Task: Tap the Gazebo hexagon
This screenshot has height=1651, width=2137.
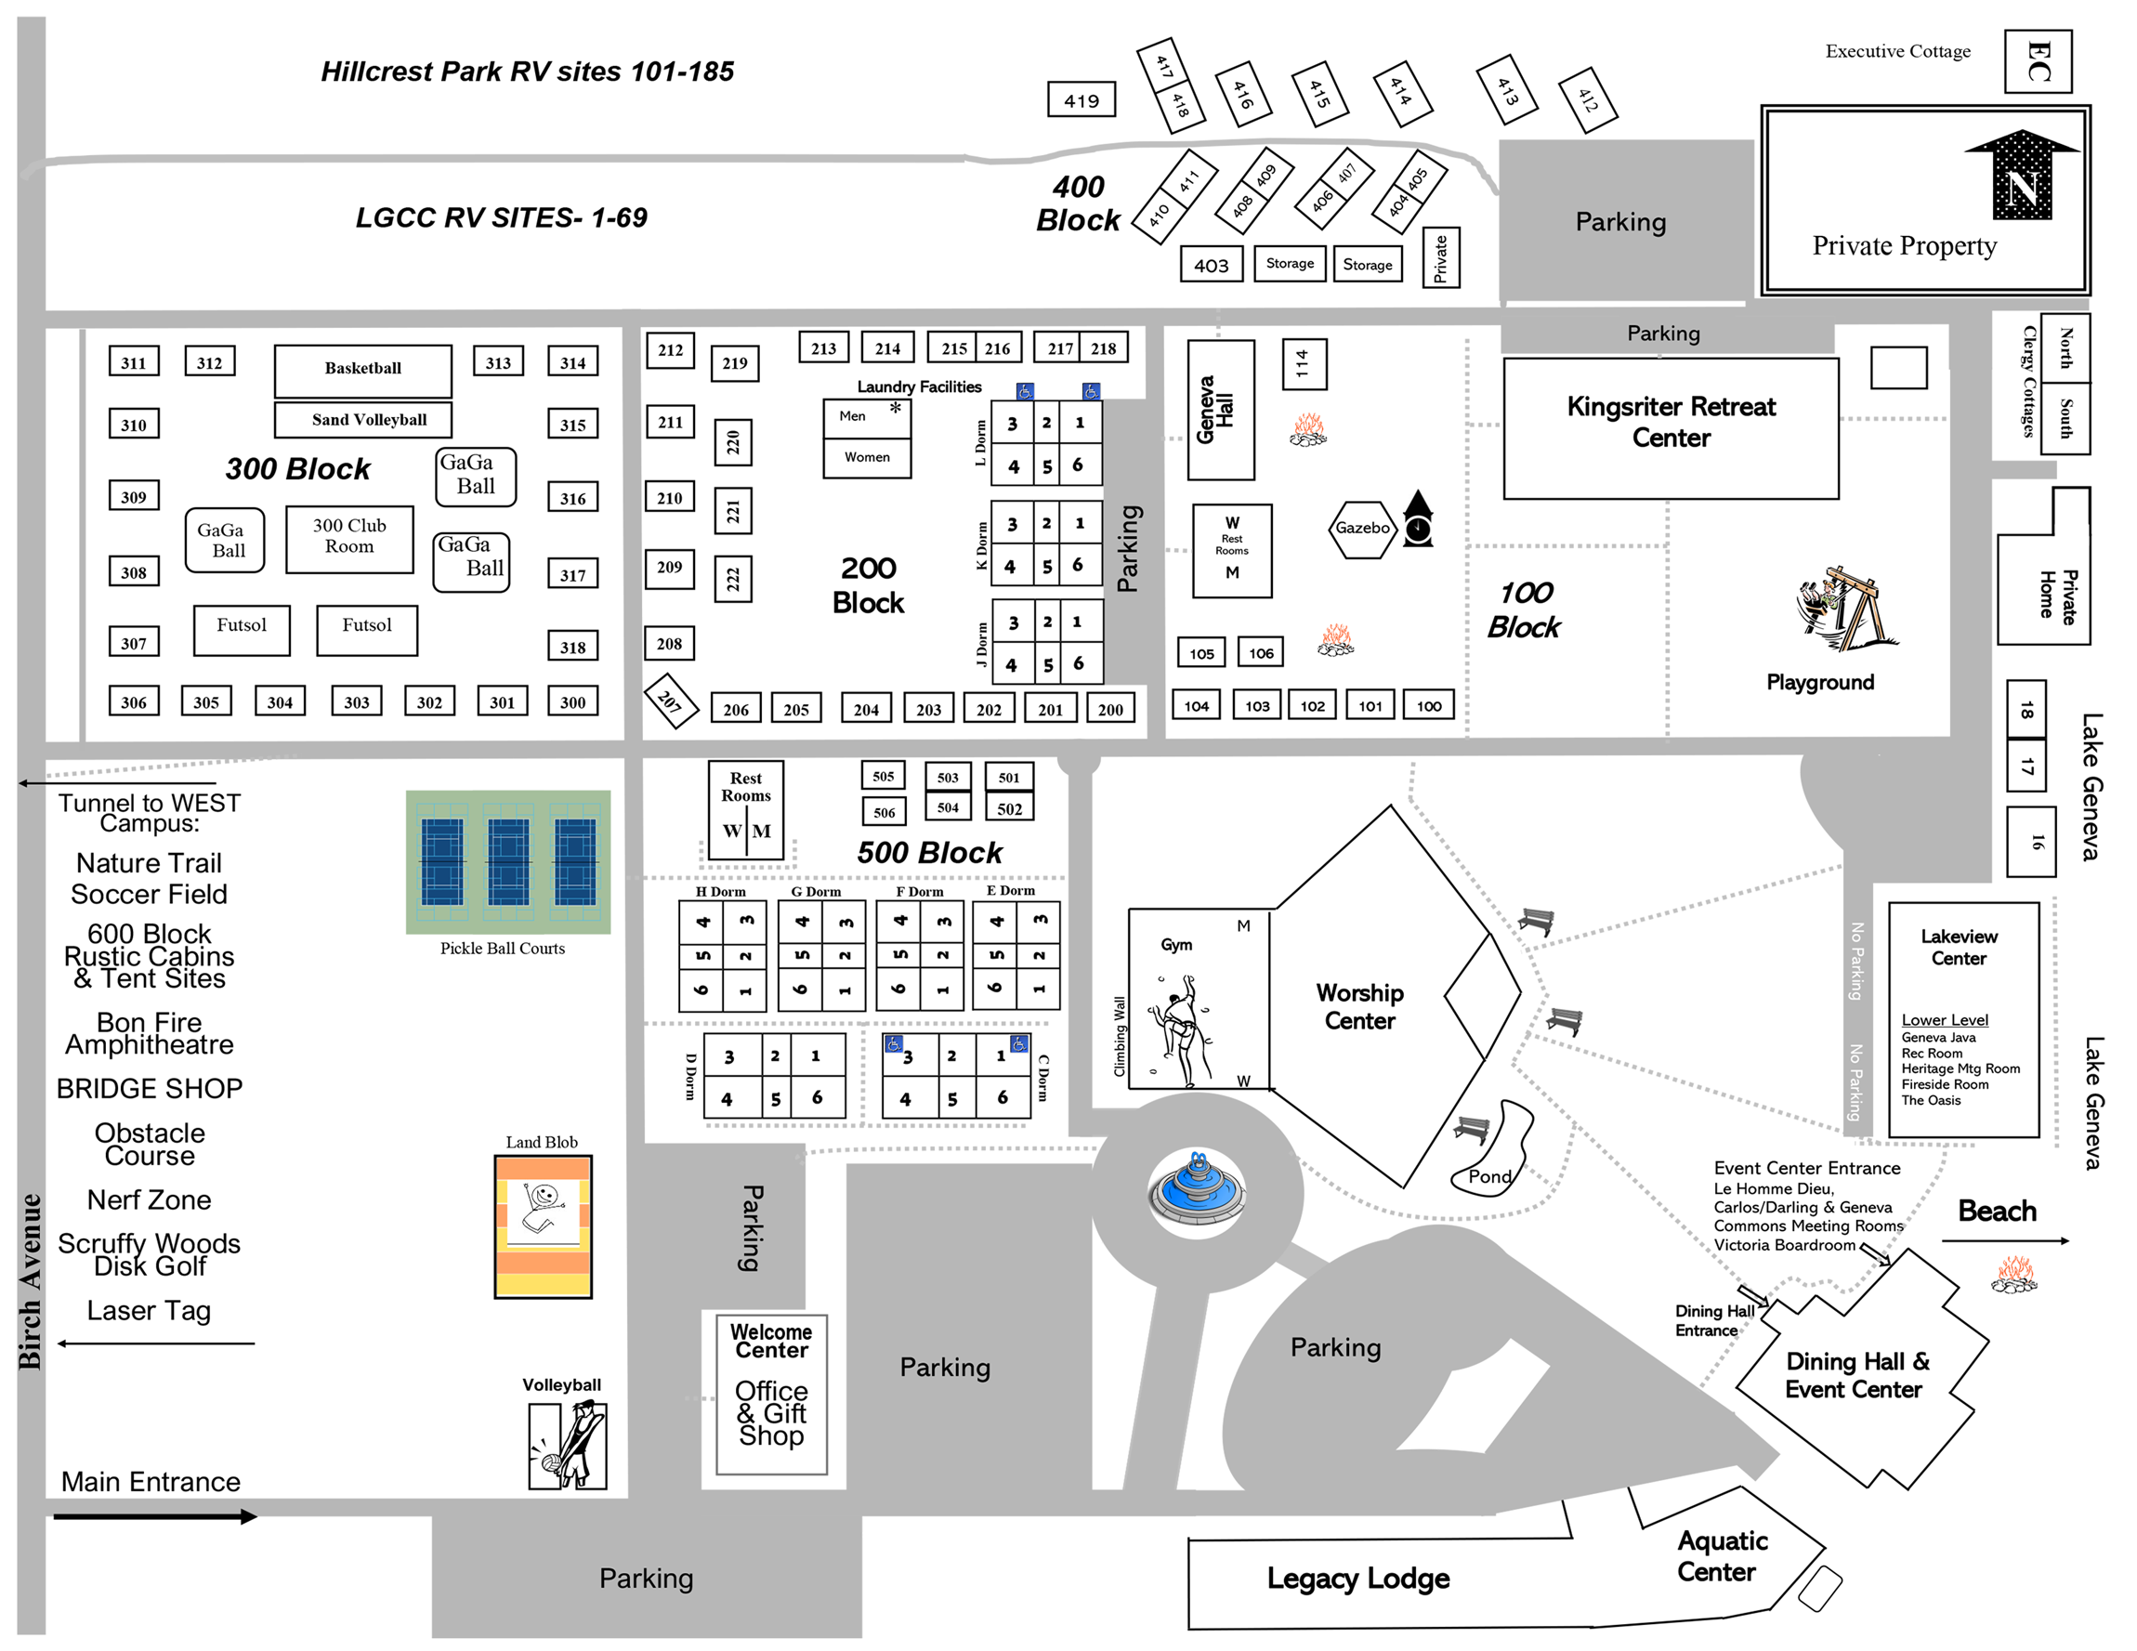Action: [x=1361, y=529]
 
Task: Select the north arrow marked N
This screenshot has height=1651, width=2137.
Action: [x=2022, y=174]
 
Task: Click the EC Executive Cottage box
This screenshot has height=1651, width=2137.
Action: [x=2038, y=60]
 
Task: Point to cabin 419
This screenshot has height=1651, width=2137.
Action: [x=1082, y=99]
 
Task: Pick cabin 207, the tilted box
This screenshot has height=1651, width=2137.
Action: [x=670, y=701]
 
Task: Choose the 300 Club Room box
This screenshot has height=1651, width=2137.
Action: [x=349, y=538]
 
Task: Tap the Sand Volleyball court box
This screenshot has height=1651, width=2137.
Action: [x=363, y=420]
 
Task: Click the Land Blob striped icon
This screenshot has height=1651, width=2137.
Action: [x=543, y=1226]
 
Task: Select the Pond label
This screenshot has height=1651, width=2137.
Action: [x=1489, y=1176]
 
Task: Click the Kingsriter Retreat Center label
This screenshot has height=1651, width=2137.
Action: [x=1671, y=422]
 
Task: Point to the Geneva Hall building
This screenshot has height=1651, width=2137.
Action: [x=1220, y=410]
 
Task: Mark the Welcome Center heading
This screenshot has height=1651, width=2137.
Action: [x=771, y=1341]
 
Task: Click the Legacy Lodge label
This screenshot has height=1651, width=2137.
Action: [x=1358, y=1578]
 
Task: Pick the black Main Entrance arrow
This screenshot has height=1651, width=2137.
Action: [x=154, y=1517]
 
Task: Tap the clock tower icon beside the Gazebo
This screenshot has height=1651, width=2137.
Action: [x=1418, y=518]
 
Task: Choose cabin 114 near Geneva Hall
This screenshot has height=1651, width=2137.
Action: [x=1304, y=364]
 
